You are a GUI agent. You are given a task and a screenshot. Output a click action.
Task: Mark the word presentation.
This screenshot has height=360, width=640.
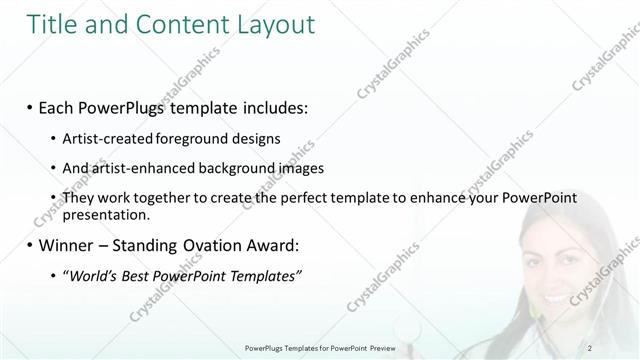[x=107, y=214]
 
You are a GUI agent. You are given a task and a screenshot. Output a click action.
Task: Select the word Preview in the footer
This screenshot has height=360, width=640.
[x=384, y=347]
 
